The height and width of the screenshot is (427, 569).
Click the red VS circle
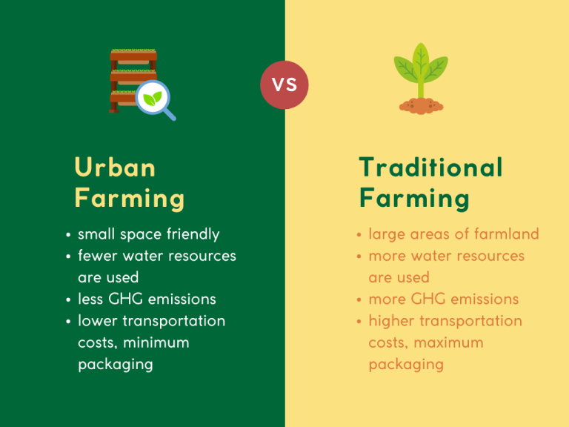click(x=284, y=85)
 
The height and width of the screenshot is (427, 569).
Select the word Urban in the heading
click(x=115, y=168)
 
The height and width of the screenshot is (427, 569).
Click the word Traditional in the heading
click(x=430, y=168)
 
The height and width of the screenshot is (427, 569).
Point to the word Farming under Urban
click(x=129, y=199)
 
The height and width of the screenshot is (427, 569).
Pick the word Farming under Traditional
click(x=414, y=199)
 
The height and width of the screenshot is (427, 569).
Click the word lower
click(x=98, y=321)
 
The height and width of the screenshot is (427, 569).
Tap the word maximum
click(x=449, y=342)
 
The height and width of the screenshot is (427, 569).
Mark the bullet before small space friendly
click(x=68, y=236)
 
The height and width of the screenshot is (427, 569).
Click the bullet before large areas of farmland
click(x=359, y=236)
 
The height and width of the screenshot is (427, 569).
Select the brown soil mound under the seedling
click(x=421, y=106)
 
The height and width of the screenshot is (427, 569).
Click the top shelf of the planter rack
click(x=133, y=56)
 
